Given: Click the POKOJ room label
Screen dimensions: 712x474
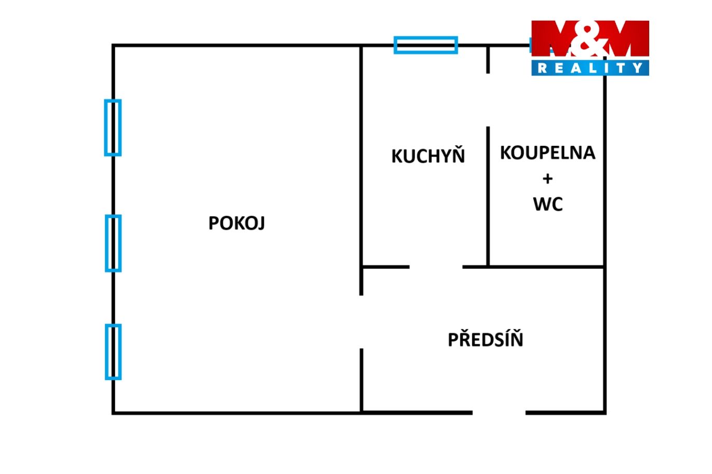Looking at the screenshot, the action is click(x=237, y=223).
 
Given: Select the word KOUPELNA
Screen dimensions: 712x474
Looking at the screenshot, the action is click(x=547, y=153).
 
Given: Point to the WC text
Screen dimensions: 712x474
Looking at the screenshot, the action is click(x=548, y=204).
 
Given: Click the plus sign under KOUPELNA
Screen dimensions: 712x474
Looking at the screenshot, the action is click(x=547, y=179).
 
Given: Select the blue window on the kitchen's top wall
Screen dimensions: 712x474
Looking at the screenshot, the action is click(x=426, y=45).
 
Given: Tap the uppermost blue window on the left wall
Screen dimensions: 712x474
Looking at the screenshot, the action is click(x=113, y=128).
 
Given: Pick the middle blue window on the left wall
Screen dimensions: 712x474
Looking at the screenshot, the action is click(x=113, y=243).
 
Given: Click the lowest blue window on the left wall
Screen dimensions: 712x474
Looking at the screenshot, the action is click(x=113, y=352).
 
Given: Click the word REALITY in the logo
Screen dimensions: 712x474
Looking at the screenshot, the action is click(x=590, y=68).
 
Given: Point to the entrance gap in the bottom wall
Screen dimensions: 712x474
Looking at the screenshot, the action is click(x=499, y=413).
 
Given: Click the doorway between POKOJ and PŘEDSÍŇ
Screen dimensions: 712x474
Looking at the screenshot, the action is click(x=361, y=322).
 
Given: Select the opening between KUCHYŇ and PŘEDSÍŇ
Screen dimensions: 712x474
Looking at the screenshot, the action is click(x=436, y=267).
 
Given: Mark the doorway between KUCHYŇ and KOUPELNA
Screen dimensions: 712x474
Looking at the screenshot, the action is click(x=488, y=100).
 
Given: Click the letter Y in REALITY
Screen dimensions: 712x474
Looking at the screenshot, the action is click(x=638, y=68).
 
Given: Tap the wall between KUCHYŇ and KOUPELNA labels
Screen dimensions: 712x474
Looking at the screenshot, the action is click(x=488, y=196).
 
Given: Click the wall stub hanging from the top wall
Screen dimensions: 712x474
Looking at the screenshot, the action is click(x=488, y=60).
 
